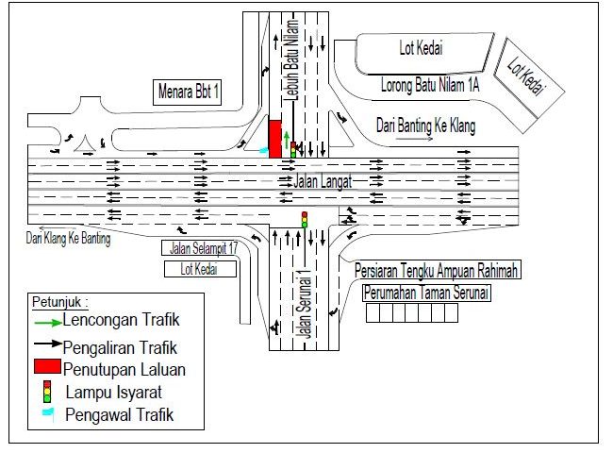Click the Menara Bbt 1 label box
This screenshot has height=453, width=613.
(187, 92)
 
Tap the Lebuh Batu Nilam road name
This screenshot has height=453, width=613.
(292, 59)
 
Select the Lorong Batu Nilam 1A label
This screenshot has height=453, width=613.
(430, 85)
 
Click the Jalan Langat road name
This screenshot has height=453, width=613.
(323, 181)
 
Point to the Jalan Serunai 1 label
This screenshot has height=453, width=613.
(305, 304)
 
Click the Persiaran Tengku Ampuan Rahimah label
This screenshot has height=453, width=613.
(436, 270)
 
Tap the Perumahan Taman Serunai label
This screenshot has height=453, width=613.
(426, 293)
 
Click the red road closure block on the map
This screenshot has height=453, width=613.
(274, 139)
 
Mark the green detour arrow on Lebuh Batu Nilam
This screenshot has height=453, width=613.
(287, 140)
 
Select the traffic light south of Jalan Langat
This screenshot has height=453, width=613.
(305, 220)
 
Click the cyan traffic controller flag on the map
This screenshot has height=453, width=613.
(264, 150)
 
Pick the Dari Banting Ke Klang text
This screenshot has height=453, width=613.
(425, 126)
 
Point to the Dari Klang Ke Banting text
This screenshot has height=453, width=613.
(68, 238)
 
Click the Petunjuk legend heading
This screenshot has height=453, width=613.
(60, 302)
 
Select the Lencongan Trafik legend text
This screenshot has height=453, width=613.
(121, 320)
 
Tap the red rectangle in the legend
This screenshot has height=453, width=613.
(48, 366)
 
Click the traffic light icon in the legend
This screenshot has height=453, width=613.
(47, 392)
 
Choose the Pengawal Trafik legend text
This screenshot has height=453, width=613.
(119, 414)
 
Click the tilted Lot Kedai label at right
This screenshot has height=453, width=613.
(526, 77)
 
